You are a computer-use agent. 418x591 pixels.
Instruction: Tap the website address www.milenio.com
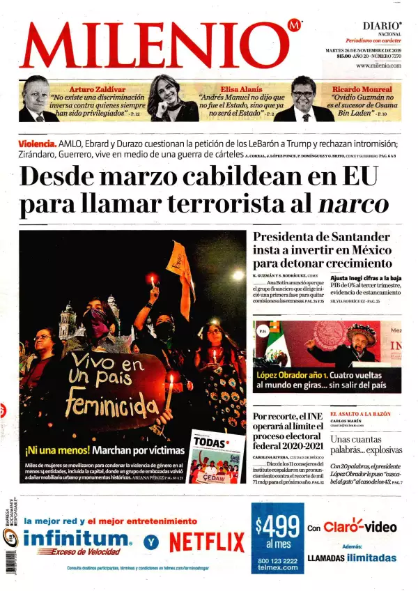click(378, 66)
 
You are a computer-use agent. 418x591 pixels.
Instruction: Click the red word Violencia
click(38, 144)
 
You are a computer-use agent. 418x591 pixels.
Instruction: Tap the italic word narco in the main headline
click(353, 204)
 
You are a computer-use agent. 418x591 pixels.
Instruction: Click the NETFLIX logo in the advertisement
click(207, 542)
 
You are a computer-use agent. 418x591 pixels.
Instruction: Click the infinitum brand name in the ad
click(77, 538)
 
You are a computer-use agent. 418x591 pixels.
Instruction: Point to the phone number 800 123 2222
click(277, 560)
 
